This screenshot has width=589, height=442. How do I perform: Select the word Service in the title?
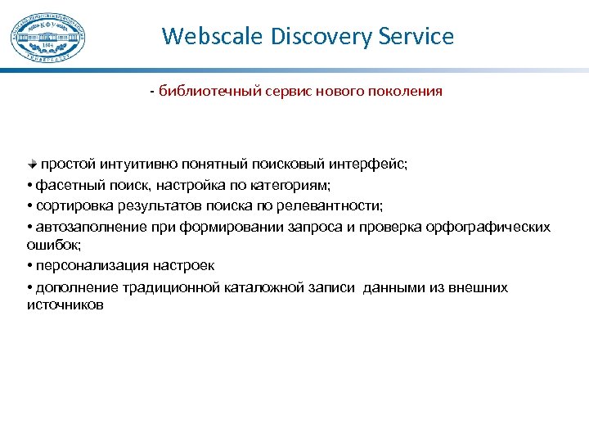tap(416, 37)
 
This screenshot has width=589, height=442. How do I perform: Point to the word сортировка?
tap(75, 205)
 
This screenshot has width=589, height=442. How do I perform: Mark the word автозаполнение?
tap(87, 227)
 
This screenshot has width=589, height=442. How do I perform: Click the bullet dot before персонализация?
tap(29, 266)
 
